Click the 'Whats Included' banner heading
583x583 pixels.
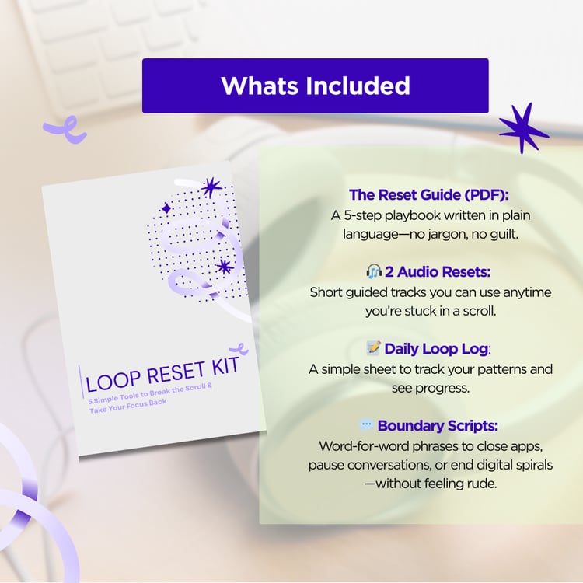click(x=316, y=86)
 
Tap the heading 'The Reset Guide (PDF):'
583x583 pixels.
click(x=428, y=195)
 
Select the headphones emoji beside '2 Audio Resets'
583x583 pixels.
click(x=374, y=271)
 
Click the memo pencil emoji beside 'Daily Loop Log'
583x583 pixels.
click(x=373, y=348)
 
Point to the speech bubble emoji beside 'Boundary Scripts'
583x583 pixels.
click(x=366, y=424)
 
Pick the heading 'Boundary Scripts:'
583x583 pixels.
click(x=438, y=426)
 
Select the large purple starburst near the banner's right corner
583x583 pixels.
click(x=523, y=128)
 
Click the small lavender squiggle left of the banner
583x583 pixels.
click(x=65, y=129)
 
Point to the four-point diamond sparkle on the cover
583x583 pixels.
click(x=166, y=208)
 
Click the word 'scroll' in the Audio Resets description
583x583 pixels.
click(x=480, y=311)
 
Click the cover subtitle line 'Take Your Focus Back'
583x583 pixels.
click(x=128, y=406)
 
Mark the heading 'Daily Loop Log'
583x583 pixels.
click(x=436, y=349)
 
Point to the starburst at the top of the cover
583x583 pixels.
click(x=211, y=187)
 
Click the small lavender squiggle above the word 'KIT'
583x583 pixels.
click(x=239, y=349)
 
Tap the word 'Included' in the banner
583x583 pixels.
click(x=358, y=86)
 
